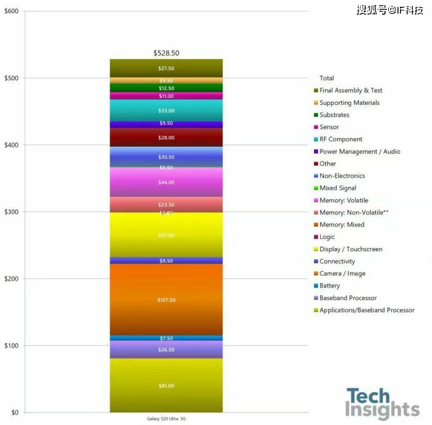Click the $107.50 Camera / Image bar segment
(x=166, y=300)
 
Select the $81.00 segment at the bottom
(x=166, y=386)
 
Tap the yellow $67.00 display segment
(x=166, y=235)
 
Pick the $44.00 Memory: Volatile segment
(x=166, y=183)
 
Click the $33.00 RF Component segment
(x=166, y=110)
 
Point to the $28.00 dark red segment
(x=166, y=138)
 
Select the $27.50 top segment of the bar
(x=166, y=68)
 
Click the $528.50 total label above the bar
(x=166, y=54)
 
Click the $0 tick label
(x=14, y=413)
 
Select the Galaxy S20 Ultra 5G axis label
(x=166, y=418)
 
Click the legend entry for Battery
(x=330, y=286)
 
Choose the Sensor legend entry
(x=329, y=127)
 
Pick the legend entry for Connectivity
(x=337, y=262)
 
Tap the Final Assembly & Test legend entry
(x=351, y=91)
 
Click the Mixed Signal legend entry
(x=338, y=188)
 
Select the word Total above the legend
(x=326, y=78)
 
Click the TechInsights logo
(x=382, y=403)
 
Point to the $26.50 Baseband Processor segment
(x=166, y=350)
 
